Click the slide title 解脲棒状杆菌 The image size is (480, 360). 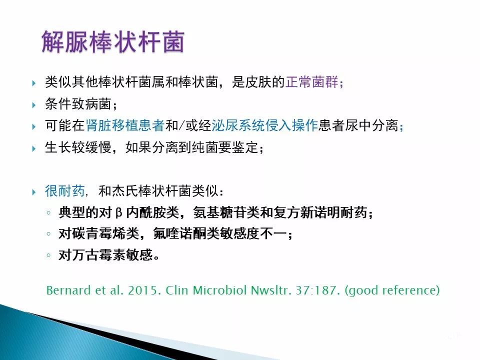(113, 42)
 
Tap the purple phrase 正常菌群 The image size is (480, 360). (312, 82)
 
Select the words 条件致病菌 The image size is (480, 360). (78, 104)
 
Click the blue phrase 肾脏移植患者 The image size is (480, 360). (125, 125)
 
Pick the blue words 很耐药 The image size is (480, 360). (65, 191)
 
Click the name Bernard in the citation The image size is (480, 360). (69, 290)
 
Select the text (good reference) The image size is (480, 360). (392, 290)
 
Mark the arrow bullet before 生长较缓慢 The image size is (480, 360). (33, 149)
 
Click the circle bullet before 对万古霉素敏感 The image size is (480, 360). (48, 254)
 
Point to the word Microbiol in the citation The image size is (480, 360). (220, 290)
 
